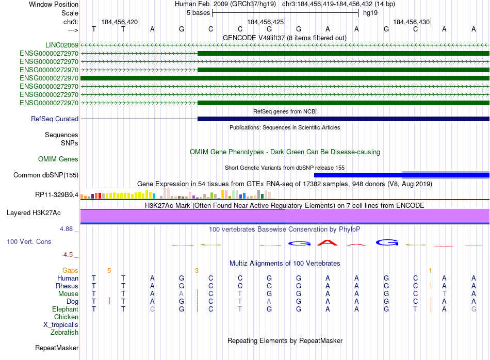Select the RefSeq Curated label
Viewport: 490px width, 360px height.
[55, 119]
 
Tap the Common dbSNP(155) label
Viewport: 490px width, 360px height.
[46, 175]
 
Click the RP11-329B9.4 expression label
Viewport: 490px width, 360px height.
[57, 195]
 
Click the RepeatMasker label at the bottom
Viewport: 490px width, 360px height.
[57, 348]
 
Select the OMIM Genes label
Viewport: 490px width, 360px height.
[58, 159]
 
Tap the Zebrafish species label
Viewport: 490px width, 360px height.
[64, 333]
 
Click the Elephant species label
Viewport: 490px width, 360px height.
[65, 309]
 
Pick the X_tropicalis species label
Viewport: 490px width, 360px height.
[61, 325]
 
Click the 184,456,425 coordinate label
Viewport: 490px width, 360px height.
[266, 22]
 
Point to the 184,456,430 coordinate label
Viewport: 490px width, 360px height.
[411, 22]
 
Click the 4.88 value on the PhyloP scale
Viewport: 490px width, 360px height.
[69, 229]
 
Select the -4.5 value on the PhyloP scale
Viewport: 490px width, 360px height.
[68, 255]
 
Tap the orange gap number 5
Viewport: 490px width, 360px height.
[109, 270]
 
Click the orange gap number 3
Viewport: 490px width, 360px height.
[197, 270]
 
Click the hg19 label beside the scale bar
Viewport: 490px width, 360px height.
[370, 13]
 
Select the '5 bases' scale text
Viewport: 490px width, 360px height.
[198, 13]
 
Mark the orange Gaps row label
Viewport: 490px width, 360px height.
[70, 270]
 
